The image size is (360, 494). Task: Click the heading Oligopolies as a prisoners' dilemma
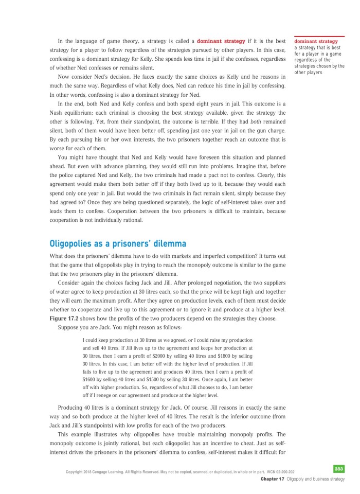pyautogui.click(x=118, y=243)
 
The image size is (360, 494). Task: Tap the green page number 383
pyautogui.click(x=338, y=469)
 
